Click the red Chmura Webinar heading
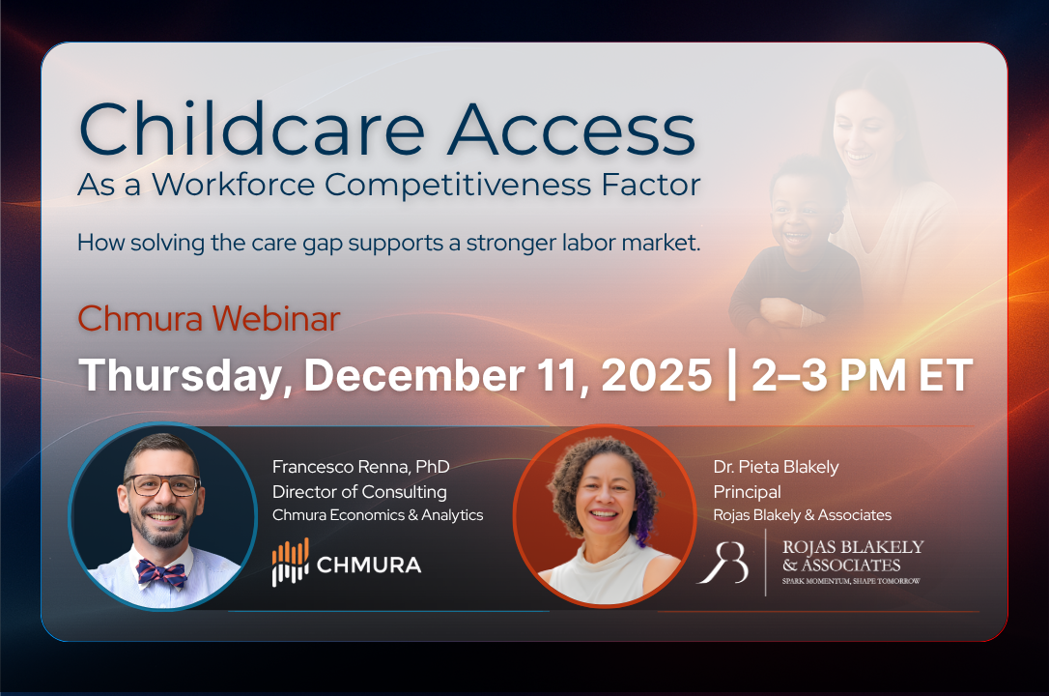click(x=209, y=319)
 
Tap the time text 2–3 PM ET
click(x=860, y=376)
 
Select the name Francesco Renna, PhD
click(x=361, y=467)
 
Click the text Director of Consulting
click(x=359, y=491)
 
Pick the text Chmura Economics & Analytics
click(x=378, y=515)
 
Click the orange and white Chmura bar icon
click(x=290, y=563)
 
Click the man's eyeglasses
click(x=161, y=485)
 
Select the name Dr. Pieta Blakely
click(x=776, y=467)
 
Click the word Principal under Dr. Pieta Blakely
click(x=747, y=492)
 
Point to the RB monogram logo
click(x=723, y=563)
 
